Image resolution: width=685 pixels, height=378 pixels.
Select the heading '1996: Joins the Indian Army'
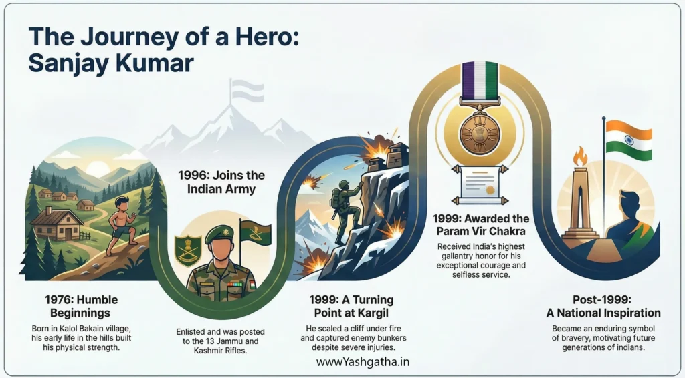(221, 182)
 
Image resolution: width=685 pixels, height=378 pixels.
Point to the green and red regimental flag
(256, 233)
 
